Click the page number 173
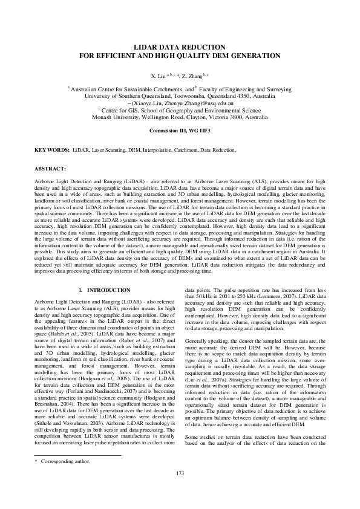180,490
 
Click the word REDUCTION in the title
207,47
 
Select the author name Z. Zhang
194,76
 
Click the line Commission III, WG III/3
180,131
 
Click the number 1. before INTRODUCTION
82,290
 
